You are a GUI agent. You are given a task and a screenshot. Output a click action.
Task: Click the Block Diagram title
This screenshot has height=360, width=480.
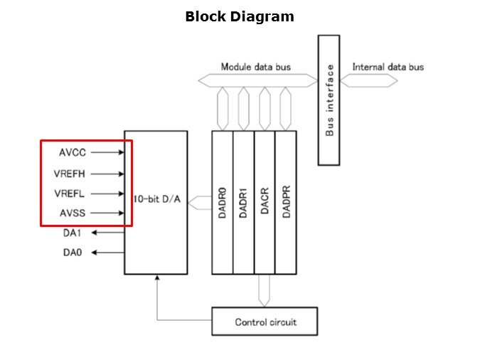click(x=239, y=16)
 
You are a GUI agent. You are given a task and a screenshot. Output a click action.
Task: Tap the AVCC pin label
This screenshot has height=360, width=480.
click(x=73, y=152)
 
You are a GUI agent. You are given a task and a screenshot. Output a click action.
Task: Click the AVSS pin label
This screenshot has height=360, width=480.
click(x=73, y=213)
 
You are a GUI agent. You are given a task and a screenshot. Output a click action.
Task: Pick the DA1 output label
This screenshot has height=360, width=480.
click(x=73, y=232)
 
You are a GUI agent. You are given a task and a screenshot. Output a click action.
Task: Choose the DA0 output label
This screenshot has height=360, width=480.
click(x=73, y=252)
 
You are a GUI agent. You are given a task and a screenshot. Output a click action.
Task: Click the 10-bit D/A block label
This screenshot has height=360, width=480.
click(x=156, y=200)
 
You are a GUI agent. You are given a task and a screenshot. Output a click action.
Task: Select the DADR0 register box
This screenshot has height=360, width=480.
click(x=222, y=202)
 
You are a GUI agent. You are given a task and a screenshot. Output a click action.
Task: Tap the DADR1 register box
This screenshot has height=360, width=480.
click(x=243, y=202)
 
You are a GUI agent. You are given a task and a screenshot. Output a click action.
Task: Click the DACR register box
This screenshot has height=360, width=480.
click(x=265, y=202)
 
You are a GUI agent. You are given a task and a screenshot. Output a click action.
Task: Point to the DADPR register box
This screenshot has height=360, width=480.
click(x=286, y=202)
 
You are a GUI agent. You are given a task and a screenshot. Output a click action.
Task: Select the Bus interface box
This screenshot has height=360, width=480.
click(x=329, y=100)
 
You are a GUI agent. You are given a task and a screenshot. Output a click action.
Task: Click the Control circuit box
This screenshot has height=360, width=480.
click(x=265, y=322)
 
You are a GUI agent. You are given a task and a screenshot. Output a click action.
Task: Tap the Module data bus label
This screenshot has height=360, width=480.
click(x=255, y=67)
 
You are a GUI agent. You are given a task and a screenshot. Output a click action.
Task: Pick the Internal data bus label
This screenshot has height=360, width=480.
click(x=388, y=67)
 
